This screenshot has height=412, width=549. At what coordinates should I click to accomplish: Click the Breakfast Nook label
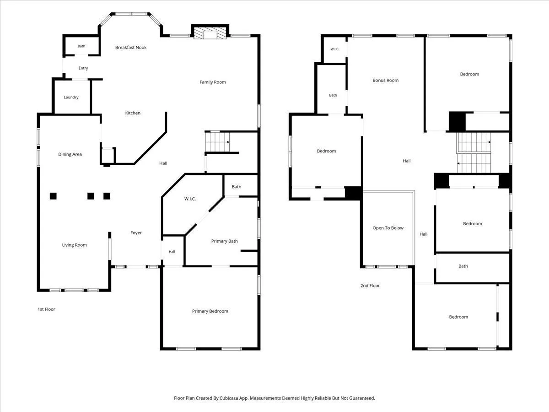point(131,48)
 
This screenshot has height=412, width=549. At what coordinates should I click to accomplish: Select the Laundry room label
point(71,98)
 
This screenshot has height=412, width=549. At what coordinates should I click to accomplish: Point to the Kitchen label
point(133,113)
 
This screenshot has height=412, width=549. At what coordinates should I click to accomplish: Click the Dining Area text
point(70,154)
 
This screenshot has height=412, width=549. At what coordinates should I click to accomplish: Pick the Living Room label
point(75,245)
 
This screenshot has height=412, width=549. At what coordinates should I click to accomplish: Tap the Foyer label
point(136,233)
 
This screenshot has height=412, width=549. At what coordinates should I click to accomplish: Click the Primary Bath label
point(224,241)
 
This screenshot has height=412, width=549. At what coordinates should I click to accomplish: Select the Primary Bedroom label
point(210,311)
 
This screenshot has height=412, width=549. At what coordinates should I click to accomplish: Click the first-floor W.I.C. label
point(190,199)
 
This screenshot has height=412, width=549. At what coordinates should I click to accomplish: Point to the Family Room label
point(213,82)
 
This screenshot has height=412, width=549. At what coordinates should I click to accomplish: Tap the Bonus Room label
point(385,80)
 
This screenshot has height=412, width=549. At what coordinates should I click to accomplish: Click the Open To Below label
point(388,228)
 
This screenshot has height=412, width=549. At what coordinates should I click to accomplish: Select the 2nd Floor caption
point(370,286)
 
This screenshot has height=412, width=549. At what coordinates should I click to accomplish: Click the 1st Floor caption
point(46,309)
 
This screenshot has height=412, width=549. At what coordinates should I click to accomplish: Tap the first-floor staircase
point(217,142)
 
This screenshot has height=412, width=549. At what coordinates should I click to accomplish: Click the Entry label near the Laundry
point(83,68)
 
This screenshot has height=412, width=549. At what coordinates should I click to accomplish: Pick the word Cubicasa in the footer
point(229,398)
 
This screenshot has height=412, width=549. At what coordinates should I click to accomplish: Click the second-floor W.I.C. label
point(334,49)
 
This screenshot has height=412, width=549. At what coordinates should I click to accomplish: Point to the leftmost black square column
point(53,196)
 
